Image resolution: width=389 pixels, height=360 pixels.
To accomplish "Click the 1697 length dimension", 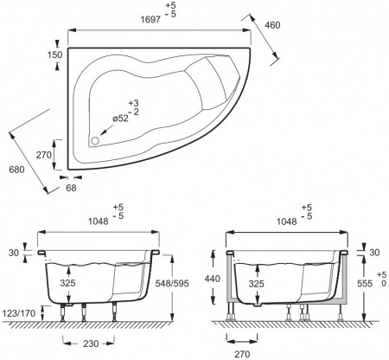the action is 150,20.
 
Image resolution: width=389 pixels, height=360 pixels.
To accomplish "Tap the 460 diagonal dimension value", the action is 272,25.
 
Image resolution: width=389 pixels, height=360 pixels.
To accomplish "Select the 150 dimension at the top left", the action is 54,55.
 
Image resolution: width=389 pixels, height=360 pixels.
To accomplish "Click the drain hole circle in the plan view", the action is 95,141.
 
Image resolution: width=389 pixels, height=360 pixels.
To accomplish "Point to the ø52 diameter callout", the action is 120,119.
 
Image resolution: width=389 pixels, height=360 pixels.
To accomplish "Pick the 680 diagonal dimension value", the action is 16,170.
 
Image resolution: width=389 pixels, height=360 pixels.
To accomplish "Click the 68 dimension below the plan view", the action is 71,188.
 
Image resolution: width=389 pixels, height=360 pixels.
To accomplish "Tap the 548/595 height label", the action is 172,284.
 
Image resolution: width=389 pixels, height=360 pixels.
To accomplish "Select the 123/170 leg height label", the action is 18,312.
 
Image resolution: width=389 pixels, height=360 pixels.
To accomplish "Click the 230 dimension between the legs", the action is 91,344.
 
